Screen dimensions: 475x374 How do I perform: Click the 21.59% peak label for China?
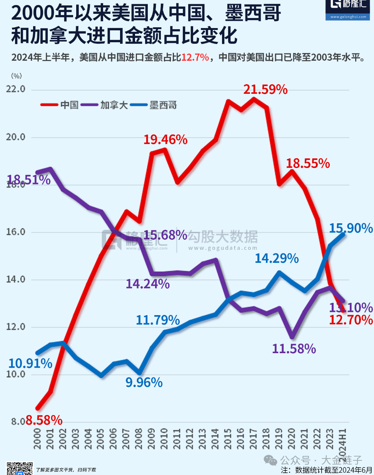pos(265,90)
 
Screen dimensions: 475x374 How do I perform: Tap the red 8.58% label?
pos(44,420)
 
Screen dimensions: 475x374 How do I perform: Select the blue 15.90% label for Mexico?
pos(351,228)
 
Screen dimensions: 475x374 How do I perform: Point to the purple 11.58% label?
pos(294,349)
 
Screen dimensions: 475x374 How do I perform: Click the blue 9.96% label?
pos(144,382)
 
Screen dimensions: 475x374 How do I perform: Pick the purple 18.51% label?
pos(29,179)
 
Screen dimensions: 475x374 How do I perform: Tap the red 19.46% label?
pos(165,140)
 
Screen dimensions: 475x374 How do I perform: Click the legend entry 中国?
pos(70,105)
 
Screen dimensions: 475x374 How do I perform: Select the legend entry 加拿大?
pos(114,105)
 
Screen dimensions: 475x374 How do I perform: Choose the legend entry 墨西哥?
pos(163,105)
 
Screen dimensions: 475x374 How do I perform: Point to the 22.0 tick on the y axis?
pos(16,89)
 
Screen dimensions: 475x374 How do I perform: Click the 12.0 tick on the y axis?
pos(16,327)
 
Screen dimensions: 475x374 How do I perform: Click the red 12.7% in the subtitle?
pos(195,58)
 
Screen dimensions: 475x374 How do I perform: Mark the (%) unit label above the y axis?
pos(17,76)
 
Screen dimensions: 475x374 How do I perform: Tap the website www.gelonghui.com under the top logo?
pos(348,17)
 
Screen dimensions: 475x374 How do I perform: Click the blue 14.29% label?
pos(277,258)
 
